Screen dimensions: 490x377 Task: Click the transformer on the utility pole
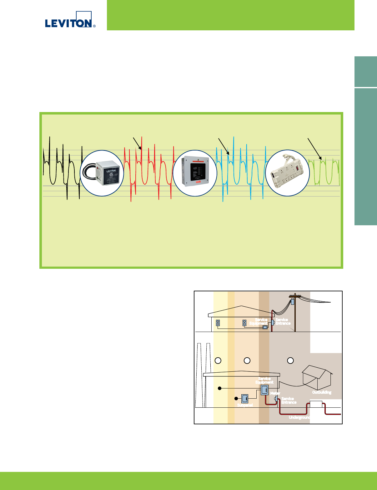pyautogui.click(x=293, y=302)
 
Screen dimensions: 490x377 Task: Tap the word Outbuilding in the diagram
pyautogui.click(x=322, y=392)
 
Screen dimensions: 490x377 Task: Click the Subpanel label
pyautogui.click(x=245, y=405)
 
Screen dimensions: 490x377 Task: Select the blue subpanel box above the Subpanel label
pyautogui.click(x=244, y=398)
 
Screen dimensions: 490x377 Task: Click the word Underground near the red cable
pyautogui.click(x=299, y=417)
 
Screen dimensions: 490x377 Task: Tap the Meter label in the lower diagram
pyautogui.click(x=275, y=393)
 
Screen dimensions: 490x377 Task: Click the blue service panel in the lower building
pyautogui.click(x=265, y=390)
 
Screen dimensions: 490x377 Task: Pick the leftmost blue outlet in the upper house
pyautogui.click(x=218, y=323)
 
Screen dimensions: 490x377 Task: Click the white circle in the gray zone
pyautogui.click(x=290, y=360)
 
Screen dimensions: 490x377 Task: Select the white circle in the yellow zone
pyautogui.click(x=218, y=360)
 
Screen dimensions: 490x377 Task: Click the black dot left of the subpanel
pyautogui.click(x=236, y=398)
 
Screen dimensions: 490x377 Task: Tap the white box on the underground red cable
pyautogui.click(x=316, y=404)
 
